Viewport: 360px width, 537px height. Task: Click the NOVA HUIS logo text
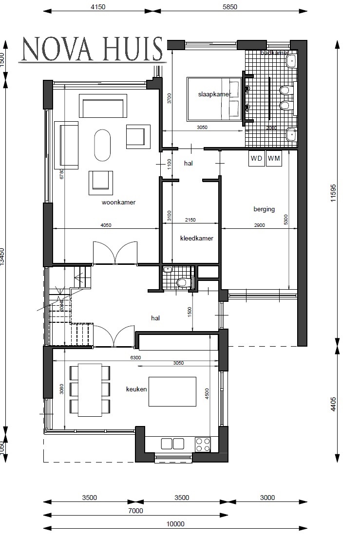point(92,49)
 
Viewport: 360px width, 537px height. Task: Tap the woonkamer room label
point(118,203)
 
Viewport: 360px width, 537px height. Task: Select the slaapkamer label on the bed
point(214,94)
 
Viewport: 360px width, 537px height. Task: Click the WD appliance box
point(256,159)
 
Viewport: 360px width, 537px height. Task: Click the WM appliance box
point(274,159)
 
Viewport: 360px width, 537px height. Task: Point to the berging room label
point(264,209)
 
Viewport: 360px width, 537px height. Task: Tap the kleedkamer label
point(196,239)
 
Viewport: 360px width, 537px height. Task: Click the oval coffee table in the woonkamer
point(103,145)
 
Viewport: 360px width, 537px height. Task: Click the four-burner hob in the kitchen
point(203,444)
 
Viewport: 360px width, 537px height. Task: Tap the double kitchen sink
point(172,444)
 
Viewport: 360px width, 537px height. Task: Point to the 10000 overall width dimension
point(175,524)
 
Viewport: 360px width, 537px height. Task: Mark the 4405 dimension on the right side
point(333,404)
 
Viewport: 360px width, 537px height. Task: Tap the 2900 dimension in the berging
point(259,220)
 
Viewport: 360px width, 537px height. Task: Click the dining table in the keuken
point(90,389)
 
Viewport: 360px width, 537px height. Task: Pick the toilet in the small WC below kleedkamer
point(182,282)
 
